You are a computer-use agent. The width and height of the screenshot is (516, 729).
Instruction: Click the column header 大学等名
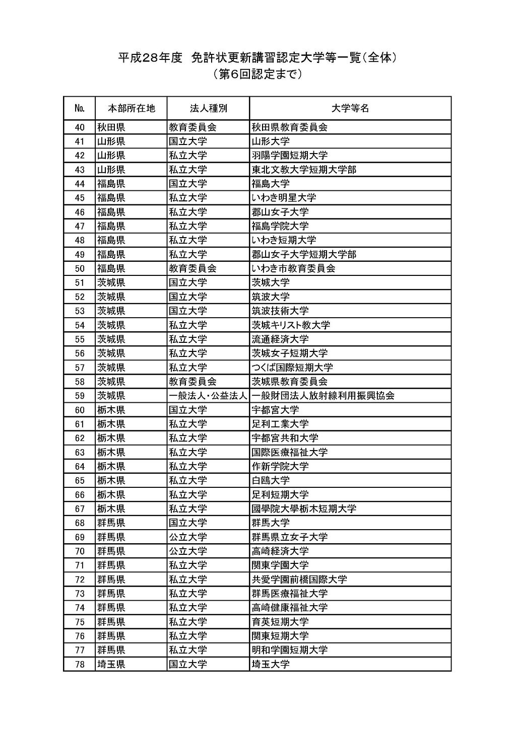[x=350, y=108]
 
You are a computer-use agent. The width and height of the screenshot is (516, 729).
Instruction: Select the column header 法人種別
[x=208, y=108]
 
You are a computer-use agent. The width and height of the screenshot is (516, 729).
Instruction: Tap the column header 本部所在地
[x=131, y=108]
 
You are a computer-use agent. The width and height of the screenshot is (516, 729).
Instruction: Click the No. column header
[x=80, y=108]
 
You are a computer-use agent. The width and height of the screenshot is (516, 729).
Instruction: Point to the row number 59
[x=80, y=396]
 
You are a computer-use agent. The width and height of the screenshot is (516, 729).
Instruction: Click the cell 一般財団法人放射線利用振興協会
[x=323, y=396]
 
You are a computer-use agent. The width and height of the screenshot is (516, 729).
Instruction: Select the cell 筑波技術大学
[x=280, y=311]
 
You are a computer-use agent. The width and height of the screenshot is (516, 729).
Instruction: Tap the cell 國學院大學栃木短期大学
[x=304, y=508]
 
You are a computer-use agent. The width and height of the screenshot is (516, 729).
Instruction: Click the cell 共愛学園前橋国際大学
[x=299, y=579]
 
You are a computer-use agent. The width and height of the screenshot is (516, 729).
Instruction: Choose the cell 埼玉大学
[x=271, y=664]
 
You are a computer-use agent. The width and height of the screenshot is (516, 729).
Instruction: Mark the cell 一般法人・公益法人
[x=208, y=396]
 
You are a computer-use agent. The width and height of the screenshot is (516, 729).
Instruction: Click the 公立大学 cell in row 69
[x=188, y=537]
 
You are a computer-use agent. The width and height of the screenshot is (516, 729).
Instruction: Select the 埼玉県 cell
[x=111, y=664]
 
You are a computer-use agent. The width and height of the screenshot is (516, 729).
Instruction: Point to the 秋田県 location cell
[x=111, y=127]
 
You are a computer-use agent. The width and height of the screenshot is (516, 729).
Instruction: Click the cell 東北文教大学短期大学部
[x=304, y=170]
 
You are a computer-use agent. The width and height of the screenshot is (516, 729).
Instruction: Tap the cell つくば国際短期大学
[x=292, y=368]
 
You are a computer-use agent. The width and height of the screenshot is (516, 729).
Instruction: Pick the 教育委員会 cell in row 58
[x=192, y=382]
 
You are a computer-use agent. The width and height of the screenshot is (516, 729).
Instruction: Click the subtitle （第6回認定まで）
[x=257, y=75]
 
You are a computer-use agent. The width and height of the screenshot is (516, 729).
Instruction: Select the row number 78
[x=80, y=664]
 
